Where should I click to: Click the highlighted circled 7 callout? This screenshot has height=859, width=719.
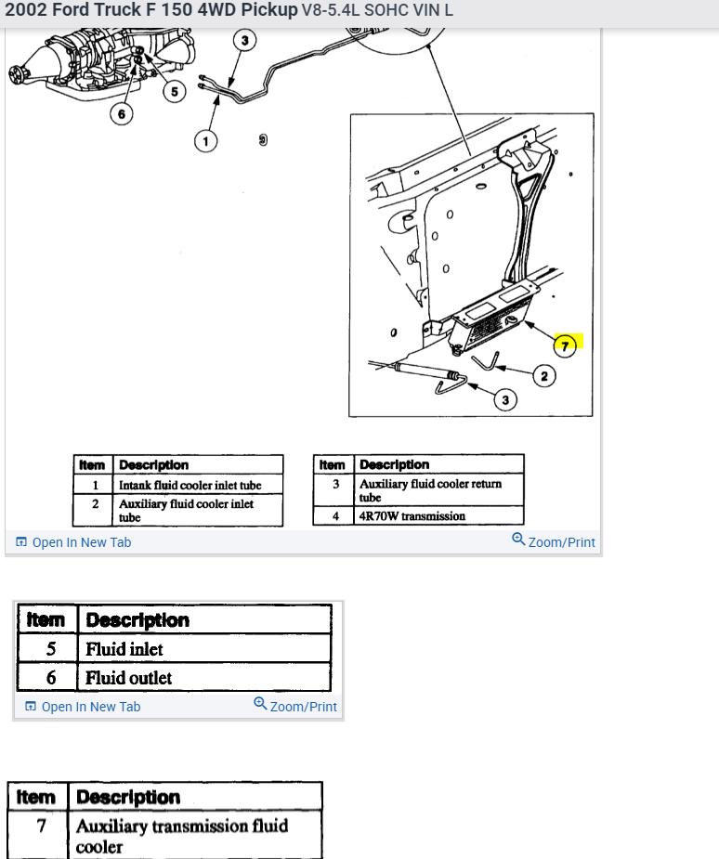point(566,345)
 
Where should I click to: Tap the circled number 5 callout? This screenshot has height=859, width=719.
point(174,90)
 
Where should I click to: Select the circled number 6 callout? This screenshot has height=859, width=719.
point(122,113)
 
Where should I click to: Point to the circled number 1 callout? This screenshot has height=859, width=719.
point(205,140)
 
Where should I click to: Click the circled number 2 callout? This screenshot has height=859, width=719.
point(543,376)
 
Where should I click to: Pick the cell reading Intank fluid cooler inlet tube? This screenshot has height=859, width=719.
point(190,485)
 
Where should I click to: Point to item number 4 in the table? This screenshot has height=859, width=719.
point(334,516)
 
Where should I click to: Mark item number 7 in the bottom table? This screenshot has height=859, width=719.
point(41,826)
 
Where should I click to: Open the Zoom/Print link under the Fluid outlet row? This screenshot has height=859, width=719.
point(295,706)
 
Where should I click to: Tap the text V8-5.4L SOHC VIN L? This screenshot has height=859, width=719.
point(377,11)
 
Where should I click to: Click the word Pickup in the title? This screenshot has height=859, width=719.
point(266,11)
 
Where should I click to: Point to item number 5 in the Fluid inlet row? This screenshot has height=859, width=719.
point(51,649)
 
